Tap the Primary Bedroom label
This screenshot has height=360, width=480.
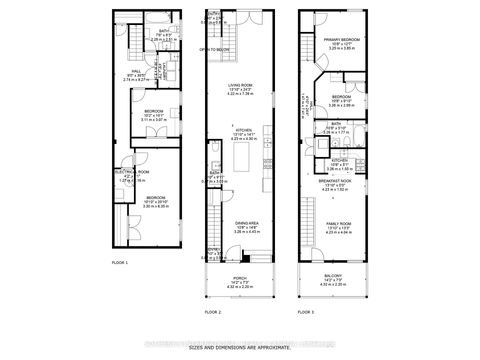pyautogui.click(x=341, y=41)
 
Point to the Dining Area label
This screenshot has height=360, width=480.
pyautogui.click(x=246, y=226)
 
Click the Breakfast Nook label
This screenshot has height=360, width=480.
pyautogui.click(x=342, y=182)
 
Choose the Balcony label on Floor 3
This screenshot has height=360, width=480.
pyautogui.click(x=342, y=278)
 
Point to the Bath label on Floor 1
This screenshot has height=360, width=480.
pyautogui.click(x=147, y=32)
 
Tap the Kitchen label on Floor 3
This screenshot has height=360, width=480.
pyautogui.click(x=339, y=160)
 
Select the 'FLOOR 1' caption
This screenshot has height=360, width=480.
pyautogui.click(x=120, y=261)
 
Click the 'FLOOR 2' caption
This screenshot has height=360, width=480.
pyautogui.click(x=212, y=311)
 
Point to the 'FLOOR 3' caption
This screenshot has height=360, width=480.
pyautogui.click(x=307, y=311)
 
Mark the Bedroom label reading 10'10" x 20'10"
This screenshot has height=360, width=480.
pyautogui.click(x=156, y=198)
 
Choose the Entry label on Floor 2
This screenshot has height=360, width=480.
pyautogui.click(x=212, y=251)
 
